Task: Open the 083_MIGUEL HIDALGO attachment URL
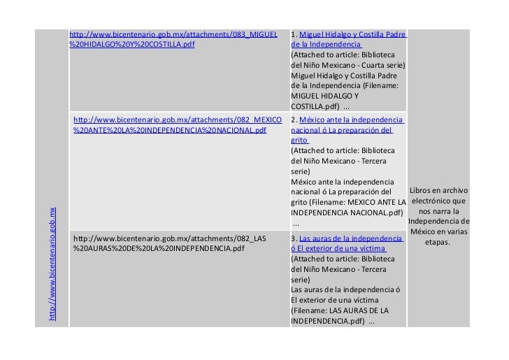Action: pyautogui.click(x=173, y=39)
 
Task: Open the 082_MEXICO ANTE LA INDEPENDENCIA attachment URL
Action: pyautogui.click(x=177, y=125)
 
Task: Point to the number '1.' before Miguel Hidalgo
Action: pyautogui.click(x=294, y=34)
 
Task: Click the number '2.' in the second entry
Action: pyautogui.click(x=294, y=120)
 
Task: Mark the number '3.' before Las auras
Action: pyautogui.click(x=294, y=238)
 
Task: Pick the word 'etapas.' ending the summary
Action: pyautogui.click(x=438, y=243)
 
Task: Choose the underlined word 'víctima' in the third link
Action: pyautogui.click(x=371, y=247)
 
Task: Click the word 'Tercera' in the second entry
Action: pyautogui.click(x=380, y=160)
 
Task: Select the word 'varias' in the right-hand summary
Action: pyautogui.click(x=457, y=232)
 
